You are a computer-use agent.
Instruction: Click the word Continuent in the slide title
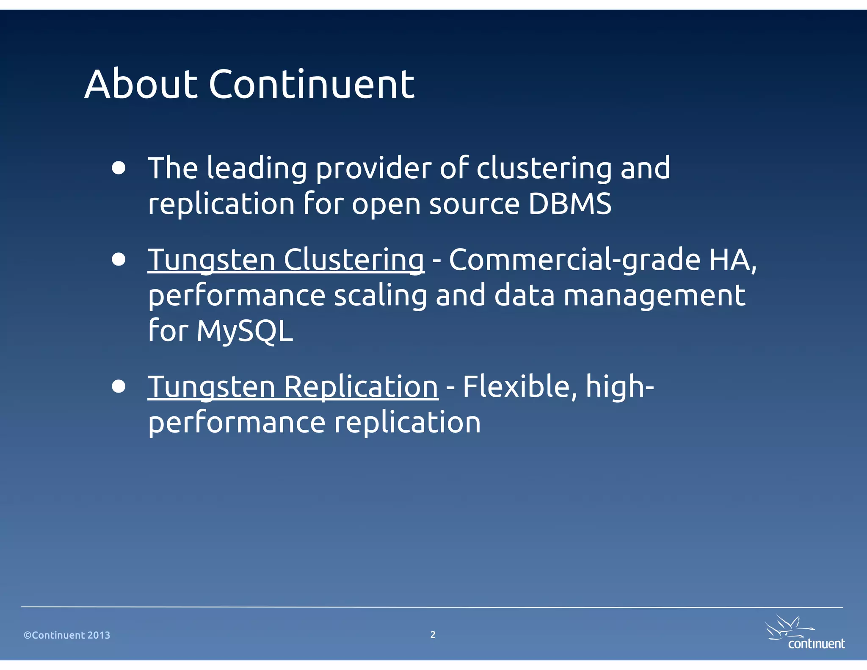(x=311, y=84)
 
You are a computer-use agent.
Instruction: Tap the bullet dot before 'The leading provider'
(x=119, y=168)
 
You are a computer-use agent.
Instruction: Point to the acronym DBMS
(x=570, y=204)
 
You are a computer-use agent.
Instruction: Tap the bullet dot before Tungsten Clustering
(x=119, y=259)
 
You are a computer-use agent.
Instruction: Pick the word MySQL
(x=245, y=331)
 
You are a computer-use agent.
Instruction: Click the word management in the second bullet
(x=654, y=295)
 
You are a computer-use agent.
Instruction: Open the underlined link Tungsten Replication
(x=293, y=387)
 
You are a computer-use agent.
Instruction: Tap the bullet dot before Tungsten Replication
(x=119, y=387)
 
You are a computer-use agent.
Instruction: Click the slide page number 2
(x=433, y=634)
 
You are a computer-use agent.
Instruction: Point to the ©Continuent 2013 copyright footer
(x=67, y=635)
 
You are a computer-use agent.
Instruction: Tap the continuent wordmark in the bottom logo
(x=816, y=644)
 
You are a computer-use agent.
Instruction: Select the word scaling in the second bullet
(x=380, y=295)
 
